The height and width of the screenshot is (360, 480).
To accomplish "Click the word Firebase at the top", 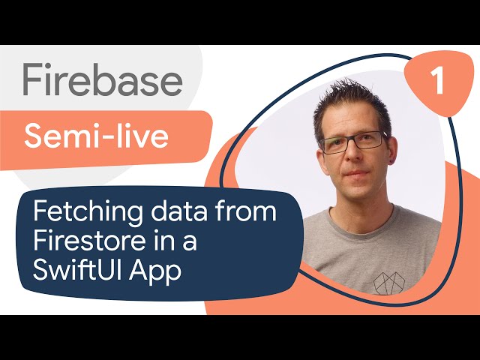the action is pos(103,80).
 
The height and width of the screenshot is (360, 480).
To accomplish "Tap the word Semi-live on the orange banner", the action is pos(97,136).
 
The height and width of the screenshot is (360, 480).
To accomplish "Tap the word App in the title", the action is pos(155,271).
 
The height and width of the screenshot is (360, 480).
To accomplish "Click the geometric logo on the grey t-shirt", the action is pos(389,283).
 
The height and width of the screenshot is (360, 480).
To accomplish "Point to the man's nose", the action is pos(355,152).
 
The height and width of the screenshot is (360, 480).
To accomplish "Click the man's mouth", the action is pos(357,173).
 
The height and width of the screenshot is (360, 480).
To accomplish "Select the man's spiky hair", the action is pos(352,101).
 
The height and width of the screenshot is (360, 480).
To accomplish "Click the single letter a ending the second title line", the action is pos(190,243).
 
